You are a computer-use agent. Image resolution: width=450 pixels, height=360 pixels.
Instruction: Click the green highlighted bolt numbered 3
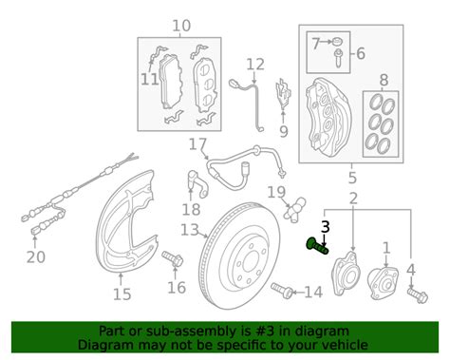point(318,246)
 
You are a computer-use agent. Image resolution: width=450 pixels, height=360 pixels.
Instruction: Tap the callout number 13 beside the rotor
point(190,230)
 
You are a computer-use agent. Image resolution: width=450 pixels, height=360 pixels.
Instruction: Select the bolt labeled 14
point(282,290)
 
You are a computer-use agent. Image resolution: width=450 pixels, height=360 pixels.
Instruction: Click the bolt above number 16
point(173,258)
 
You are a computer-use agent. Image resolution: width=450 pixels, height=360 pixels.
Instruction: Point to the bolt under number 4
point(418,294)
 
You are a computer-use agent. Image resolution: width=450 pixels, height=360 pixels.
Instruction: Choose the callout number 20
point(36,257)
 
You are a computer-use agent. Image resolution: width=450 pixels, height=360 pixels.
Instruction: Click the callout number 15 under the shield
point(122,294)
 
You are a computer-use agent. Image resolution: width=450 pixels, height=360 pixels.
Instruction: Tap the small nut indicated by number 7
point(338,41)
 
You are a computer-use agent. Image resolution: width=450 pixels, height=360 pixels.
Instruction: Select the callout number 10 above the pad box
point(181,26)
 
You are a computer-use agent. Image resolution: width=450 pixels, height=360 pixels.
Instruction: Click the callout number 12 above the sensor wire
point(255,65)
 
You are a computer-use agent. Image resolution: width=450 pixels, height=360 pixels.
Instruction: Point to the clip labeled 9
point(284,94)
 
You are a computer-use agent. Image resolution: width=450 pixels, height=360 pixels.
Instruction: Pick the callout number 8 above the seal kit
point(384,80)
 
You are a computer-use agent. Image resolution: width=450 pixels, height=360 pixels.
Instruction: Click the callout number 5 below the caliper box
point(352,178)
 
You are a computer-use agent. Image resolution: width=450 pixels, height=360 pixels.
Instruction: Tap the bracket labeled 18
point(197,183)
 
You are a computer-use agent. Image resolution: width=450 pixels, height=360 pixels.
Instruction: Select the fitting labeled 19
point(295,210)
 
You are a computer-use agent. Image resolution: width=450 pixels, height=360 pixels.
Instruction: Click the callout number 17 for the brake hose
point(197,144)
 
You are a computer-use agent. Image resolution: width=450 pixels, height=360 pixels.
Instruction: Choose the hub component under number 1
point(383,284)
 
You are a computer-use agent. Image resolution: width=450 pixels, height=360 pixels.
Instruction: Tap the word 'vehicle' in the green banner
point(350,344)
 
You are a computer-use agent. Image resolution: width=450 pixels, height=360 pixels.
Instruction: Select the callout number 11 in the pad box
point(149,79)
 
